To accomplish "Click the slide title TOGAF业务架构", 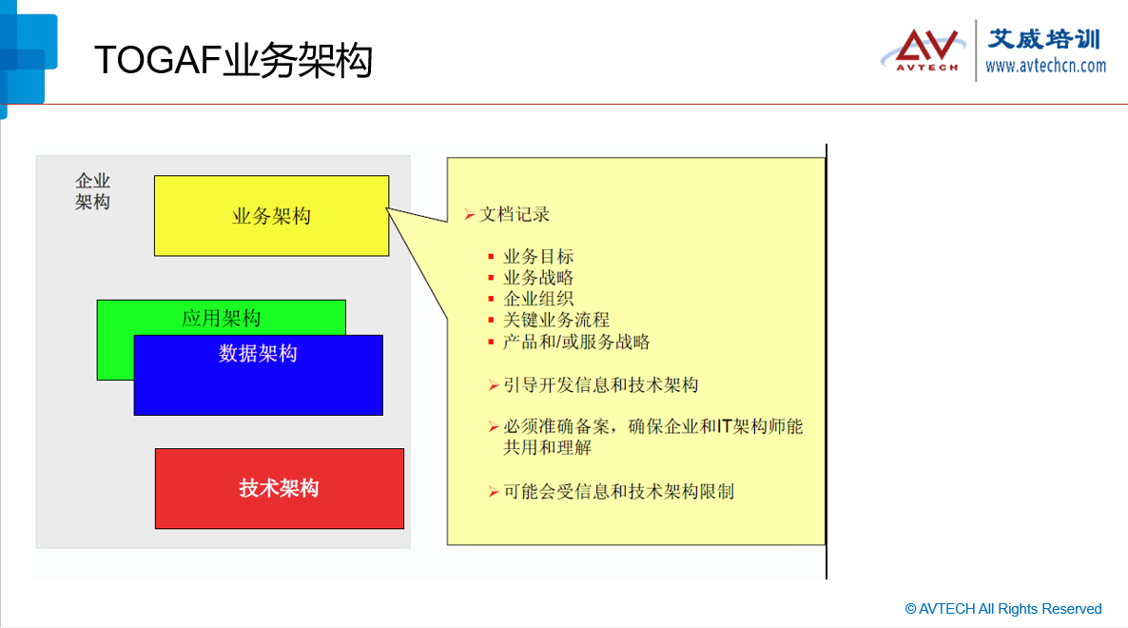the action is coord(233,60).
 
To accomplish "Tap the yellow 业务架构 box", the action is coord(271,216).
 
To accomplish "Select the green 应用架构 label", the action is coord(221,318).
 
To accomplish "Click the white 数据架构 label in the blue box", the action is coord(258,353).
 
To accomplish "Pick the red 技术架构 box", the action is coord(279,488).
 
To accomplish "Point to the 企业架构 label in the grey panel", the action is coord(93,191).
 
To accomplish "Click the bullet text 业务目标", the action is coord(538,256).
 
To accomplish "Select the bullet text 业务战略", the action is coord(538,278).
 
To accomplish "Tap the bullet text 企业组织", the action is coord(538,299).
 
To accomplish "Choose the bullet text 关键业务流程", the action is coord(556,320).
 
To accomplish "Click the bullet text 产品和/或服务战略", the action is coord(576,342).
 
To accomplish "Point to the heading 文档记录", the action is coord(515,214).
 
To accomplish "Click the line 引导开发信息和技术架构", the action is coord(601,384).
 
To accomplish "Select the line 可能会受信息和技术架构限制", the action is coord(618,491).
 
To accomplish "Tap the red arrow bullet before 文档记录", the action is coord(469,214).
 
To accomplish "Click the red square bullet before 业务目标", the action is coord(491,257).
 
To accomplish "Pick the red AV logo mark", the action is coord(926,49).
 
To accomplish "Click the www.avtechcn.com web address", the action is coord(1045,67).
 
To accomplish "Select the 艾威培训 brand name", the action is coord(1044,39).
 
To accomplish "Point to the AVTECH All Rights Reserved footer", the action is coord(1003,609).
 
